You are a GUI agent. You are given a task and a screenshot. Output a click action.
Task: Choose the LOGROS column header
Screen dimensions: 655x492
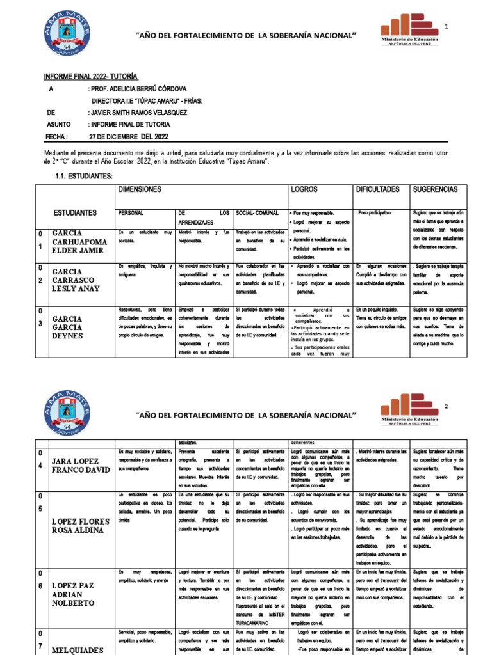[305, 190]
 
